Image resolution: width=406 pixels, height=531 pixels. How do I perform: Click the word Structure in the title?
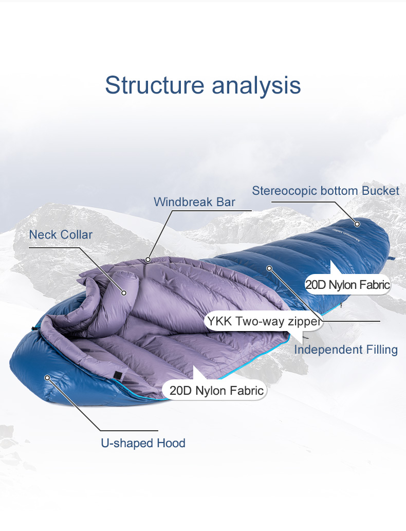[154, 85]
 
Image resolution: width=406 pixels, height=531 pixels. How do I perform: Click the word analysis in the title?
[256, 86]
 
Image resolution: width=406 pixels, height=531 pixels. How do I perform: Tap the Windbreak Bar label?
[194, 202]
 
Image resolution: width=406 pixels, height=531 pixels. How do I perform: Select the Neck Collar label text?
[61, 234]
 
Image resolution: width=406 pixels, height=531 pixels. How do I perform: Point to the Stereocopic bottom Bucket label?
[325, 191]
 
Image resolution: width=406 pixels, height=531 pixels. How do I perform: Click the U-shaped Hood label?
[143, 443]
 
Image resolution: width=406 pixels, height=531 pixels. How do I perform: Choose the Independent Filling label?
[346, 350]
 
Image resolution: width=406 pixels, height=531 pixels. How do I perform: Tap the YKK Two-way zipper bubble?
[264, 321]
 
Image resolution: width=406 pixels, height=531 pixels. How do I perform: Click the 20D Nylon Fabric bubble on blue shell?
[348, 284]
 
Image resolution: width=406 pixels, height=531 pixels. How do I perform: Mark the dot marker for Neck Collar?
[124, 292]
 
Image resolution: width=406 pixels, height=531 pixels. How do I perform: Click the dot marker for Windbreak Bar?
[148, 260]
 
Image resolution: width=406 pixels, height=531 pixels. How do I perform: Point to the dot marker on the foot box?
[357, 224]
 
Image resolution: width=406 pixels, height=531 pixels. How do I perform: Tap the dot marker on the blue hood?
[47, 378]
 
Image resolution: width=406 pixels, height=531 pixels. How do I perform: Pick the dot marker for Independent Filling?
[269, 268]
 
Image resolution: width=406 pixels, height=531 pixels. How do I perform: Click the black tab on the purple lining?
[118, 375]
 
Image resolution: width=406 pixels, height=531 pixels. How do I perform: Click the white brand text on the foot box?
[346, 235]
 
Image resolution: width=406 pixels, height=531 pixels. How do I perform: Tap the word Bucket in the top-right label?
[381, 191]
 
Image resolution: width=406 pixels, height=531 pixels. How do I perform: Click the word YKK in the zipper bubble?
[219, 321]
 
